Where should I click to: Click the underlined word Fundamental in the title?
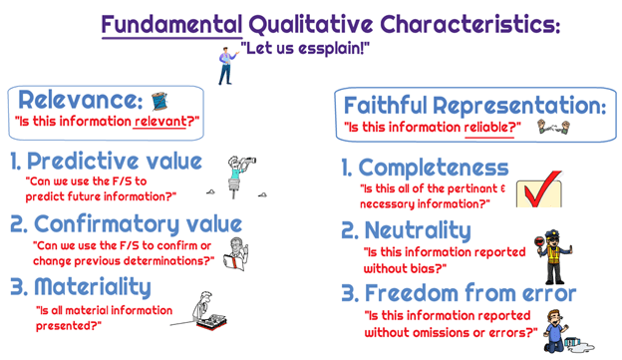click(x=171, y=25)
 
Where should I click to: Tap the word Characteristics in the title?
click(x=469, y=25)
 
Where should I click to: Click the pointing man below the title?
click(x=227, y=66)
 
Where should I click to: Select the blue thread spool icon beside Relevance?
click(x=159, y=101)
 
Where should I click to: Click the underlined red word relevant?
click(x=159, y=121)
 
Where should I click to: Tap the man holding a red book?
click(x=236, y=254)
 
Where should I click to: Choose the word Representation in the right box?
click(x=519, y=106)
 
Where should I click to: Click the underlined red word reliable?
click(x=489, y=128)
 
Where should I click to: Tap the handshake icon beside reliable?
click(x=553, y=127)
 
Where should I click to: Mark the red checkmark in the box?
click(x=542, y=187)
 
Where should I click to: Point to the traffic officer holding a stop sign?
click(x=553, y=257)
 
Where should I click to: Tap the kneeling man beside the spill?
click(x=556, y=331)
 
